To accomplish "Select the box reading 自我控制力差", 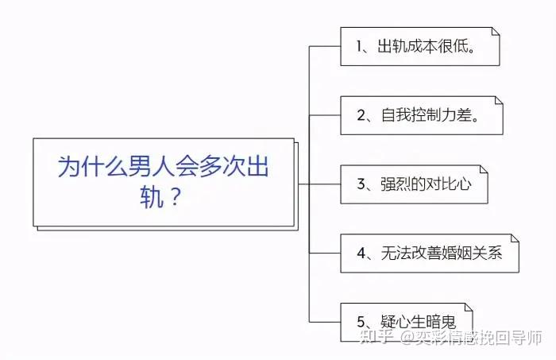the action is tap(421, 115).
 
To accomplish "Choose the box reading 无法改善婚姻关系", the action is tap(429, 254).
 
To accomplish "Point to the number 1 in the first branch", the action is tap(358, 47).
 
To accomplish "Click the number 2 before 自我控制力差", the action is tap(361, 116).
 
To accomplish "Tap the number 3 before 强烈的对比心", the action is tap(361, 185).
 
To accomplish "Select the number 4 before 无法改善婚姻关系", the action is tap(361, 254).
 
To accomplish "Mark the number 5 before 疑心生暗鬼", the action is tap(361, 323).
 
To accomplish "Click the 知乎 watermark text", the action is tap(376, 338).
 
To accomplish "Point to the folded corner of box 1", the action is tap(495, 32).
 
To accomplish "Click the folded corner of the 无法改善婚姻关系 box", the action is tap(514, 239).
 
